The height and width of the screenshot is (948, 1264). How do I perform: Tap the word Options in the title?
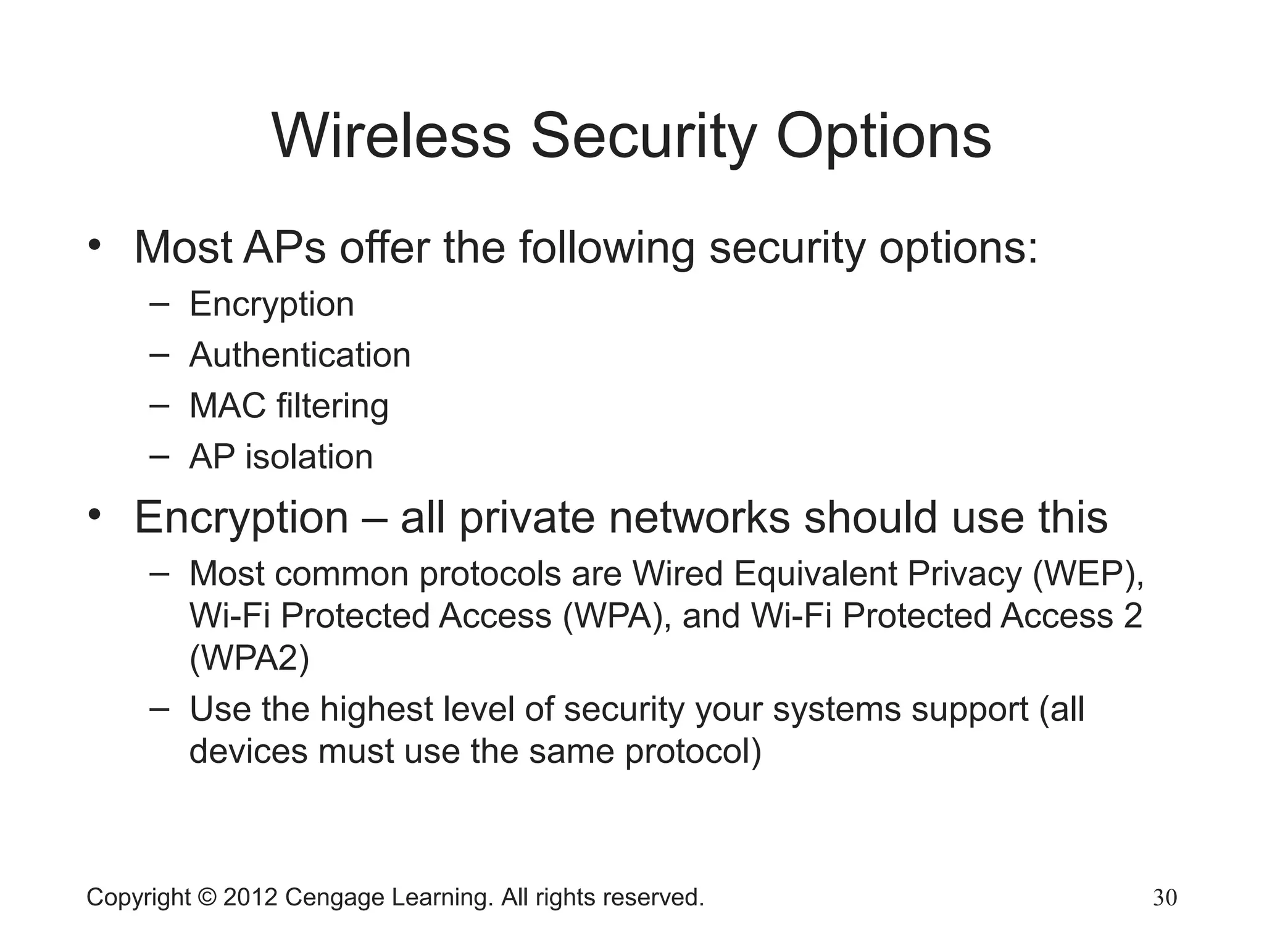[x=883, y=137]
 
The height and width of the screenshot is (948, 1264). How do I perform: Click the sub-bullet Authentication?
[x=300, y=355]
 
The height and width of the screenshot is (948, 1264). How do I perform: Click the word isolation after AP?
[x=309, y=457]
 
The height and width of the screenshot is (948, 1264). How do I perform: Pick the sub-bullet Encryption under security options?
[x=272, y=305]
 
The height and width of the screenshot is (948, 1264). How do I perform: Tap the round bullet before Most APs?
[x=94, y=244]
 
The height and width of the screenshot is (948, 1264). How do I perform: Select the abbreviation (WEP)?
[x=1088, y=575]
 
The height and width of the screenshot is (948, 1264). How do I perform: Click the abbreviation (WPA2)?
[x=249, y=659]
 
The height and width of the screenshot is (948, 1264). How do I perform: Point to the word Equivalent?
[x=815, y=575]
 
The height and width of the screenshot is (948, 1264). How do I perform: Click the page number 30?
[x=1165, y=898]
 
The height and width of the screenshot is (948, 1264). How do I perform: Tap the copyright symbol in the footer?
[x=207, y=897]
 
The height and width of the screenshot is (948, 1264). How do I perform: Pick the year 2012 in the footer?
[x=250, y=897]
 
